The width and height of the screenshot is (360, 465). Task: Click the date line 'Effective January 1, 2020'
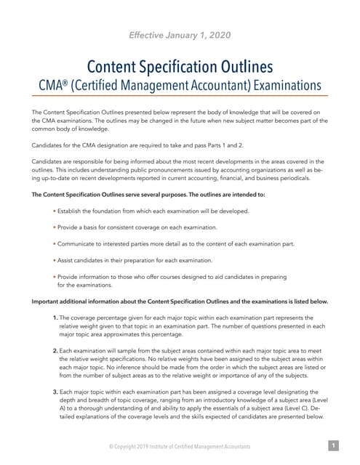(180, 34)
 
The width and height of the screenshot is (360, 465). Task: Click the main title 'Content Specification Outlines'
(180, 67)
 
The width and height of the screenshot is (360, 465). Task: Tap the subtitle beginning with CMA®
(180, 85)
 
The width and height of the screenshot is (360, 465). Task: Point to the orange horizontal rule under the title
(180, 96)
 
